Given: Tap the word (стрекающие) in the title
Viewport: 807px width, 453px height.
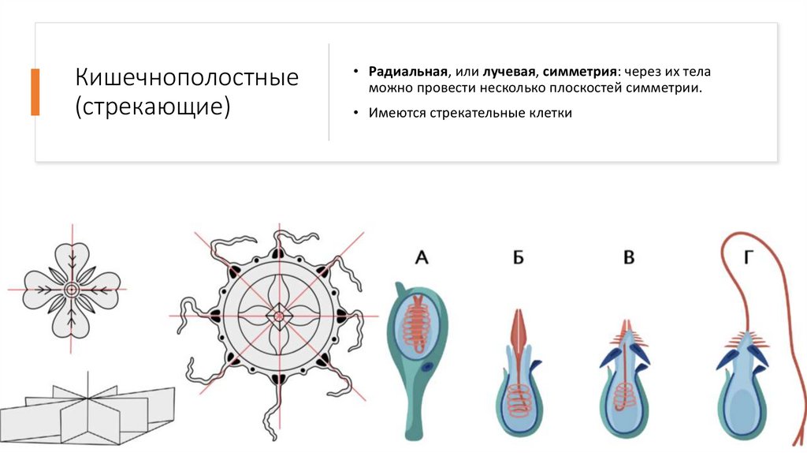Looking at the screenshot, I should tap(153, 106).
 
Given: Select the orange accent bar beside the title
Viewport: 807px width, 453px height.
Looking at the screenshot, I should tap(35, 92).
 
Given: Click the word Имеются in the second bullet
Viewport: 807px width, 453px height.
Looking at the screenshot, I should tap(397, 113).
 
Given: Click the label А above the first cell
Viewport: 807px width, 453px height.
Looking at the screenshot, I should tap(421, 256).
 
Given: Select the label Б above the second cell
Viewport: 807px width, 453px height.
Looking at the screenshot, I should tap(518, 256).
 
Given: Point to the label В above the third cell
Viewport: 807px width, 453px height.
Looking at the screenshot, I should tap(628, 256).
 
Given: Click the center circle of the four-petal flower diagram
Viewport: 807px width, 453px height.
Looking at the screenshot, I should tap(71, 290).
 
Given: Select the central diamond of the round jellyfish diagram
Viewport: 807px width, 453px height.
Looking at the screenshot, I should tap(278, 316).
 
